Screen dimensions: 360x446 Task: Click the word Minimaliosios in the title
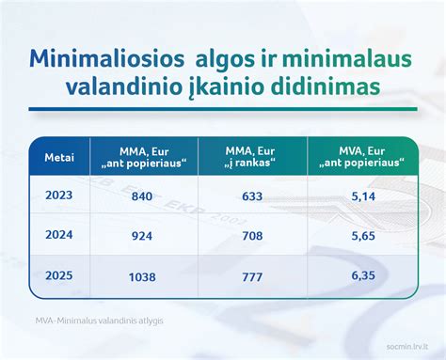coord(104,59)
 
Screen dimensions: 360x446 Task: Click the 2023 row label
coord(59,196)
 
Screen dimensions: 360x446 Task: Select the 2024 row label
coord(59,237)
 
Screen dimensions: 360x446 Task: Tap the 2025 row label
coord(59,277)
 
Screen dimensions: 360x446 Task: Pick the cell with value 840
coord(142,196)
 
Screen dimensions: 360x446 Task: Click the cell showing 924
coord(142,237)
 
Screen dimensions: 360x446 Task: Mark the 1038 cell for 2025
coord(142,277)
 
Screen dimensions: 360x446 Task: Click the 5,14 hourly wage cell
coord(361,196)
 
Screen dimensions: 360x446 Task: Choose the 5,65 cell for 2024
coord(361,237)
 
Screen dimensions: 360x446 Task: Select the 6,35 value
coord(361,277)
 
